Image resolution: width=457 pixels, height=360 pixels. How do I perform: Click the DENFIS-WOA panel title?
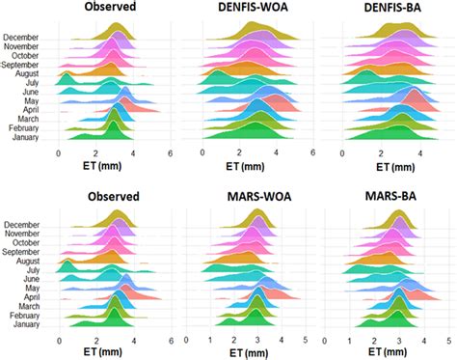(x=256, y=9)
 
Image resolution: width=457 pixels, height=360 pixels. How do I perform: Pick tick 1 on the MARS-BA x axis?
(x=353, y=341)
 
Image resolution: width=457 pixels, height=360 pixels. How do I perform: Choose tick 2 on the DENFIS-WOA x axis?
(x=240, y=153)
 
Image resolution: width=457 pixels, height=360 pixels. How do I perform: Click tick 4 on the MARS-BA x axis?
(x=422, y=341)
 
